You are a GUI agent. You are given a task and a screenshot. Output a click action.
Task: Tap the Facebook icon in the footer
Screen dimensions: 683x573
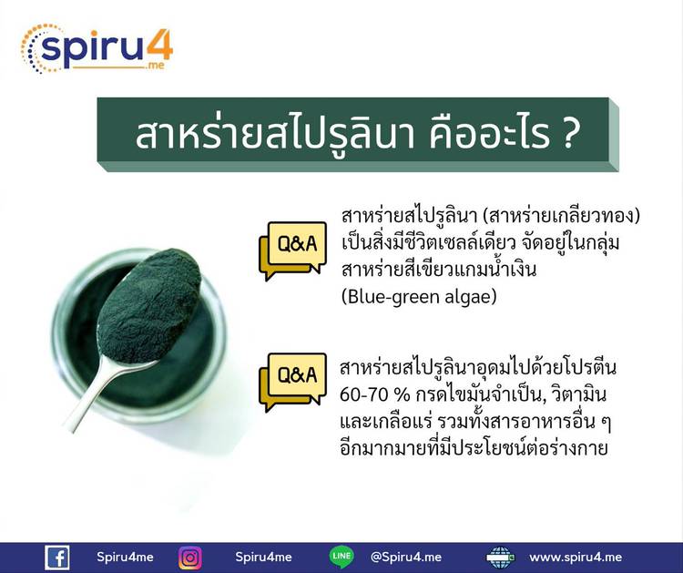click(57, 558)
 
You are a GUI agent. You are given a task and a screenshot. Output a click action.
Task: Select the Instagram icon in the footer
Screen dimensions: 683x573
click(190, 558)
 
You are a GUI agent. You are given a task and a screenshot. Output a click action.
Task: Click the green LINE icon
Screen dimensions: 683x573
click(341, 557)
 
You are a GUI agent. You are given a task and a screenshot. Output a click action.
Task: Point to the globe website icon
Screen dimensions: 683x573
click(500, 558)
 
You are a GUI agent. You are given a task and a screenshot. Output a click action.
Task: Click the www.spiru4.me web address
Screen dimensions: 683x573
click(576, 558)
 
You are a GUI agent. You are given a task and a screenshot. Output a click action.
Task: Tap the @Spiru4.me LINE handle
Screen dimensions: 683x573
click(405, 558)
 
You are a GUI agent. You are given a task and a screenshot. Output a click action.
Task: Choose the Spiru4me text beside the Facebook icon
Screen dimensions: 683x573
click(125, 558)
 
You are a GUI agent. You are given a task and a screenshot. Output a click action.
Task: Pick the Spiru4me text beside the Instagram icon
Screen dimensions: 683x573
click(263, 558)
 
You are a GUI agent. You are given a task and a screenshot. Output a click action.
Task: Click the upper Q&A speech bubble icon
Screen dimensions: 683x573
click(292, 251)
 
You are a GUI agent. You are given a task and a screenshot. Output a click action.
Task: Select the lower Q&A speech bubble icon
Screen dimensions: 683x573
click(292, 382)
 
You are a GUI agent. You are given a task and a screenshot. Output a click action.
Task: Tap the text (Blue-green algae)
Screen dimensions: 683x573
click(419, 297)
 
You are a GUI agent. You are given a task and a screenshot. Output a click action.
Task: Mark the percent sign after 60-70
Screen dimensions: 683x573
click(402, 395)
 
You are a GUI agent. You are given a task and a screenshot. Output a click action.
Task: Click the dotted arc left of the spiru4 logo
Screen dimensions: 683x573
click(30, 48)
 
